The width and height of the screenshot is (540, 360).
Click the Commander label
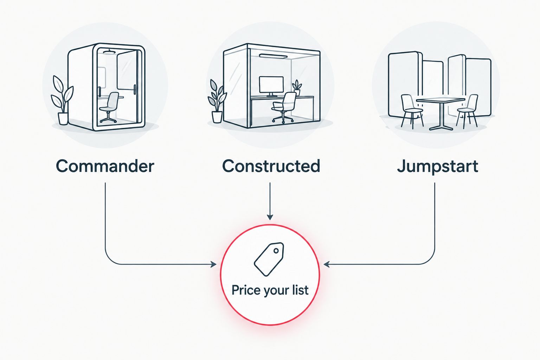pos(105,166)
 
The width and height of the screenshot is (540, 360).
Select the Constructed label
pos(271,166)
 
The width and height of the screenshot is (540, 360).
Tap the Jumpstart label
pos(438,167)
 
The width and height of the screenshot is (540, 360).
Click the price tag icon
pos(269,259)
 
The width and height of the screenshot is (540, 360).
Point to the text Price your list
pos(270,290)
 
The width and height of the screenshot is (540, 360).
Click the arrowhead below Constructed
pos(270,217)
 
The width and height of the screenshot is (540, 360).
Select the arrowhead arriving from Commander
pos(214,264)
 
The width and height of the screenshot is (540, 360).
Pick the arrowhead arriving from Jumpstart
pos(326,264)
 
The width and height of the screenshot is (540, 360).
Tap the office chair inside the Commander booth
pos(109,107)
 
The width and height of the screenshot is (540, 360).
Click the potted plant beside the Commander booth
pos(62,100)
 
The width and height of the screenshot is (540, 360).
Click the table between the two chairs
pos(441,113)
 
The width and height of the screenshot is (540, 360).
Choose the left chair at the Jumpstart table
pos(412,111)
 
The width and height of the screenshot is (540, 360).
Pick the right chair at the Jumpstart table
pos(467,111)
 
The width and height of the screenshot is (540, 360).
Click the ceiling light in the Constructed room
pos(273,56)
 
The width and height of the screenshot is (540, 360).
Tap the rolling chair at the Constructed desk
pos(283,108)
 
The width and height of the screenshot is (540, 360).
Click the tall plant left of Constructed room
pos(217,101)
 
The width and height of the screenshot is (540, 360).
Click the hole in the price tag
pos(276,251)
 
